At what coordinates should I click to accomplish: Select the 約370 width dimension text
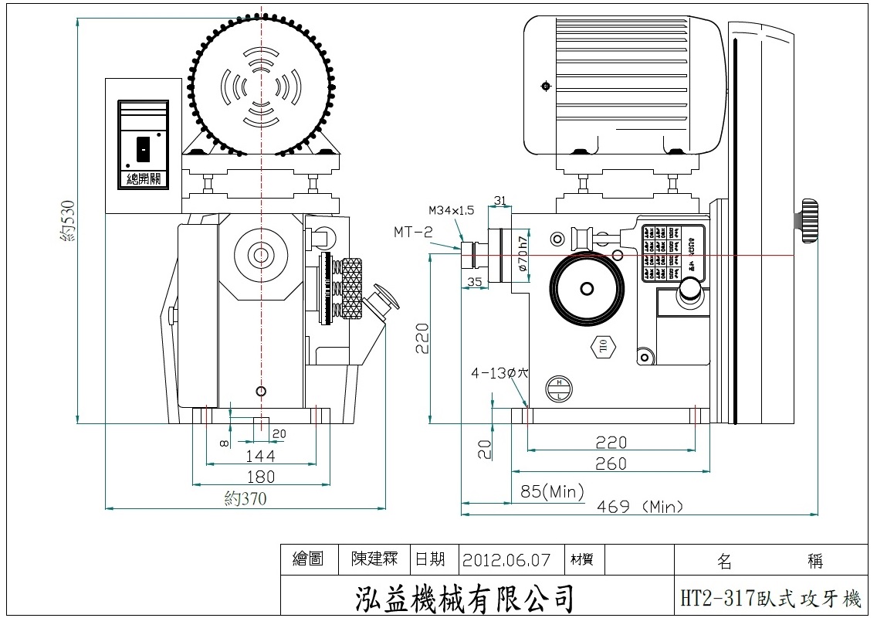[x=245, y=498]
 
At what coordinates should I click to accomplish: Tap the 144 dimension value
[x=259, y=456]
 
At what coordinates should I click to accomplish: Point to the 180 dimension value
[x=259, y=476]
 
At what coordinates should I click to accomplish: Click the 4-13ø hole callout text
[x=499, y=372]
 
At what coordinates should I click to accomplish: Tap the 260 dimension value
[x=611, y=463]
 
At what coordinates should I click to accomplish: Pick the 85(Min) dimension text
[x=552, y=491]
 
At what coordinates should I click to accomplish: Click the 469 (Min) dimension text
[x=641, y=507]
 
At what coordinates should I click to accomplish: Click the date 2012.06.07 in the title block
[x=507, y=559]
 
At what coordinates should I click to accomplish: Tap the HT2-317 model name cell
[x=770, y=598]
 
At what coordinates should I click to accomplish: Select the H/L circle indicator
[x=558, y=389]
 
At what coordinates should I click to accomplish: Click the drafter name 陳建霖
[x=374, y=559]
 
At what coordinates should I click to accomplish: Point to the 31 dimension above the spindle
[x=500, y=201]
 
